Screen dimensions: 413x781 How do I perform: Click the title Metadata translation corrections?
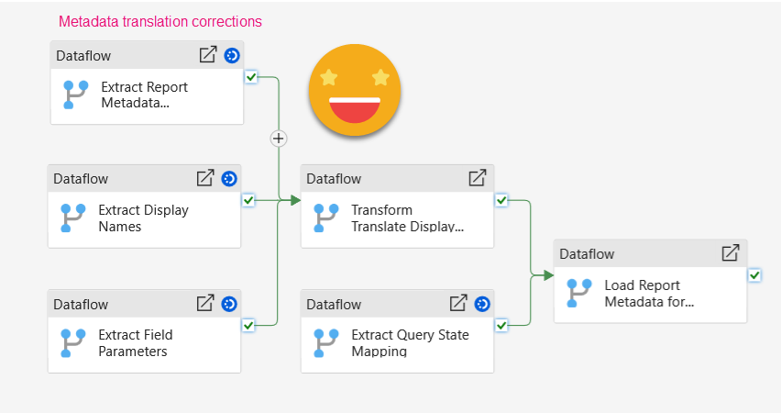[160, 21]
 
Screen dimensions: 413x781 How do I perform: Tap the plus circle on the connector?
[279, 138]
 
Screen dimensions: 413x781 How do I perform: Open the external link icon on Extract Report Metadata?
[208, 55]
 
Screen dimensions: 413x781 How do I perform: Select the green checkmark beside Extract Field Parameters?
[248, 324]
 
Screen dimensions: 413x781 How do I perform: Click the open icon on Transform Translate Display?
[478, 178]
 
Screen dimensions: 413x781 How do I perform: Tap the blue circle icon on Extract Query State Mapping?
[482, 303]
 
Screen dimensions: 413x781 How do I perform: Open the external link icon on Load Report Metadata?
[731, 253]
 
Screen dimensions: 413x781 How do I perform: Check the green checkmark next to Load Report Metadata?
[753, 274]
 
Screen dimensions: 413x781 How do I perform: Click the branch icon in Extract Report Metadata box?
[75, 95]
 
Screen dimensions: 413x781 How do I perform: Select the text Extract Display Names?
[143, 218]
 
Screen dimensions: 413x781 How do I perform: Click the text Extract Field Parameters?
[136, 342]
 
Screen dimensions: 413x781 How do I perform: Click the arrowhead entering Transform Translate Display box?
[295, 200]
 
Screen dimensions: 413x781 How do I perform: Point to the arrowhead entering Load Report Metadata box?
[548, 274]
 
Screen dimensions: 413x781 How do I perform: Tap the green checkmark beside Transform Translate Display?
[501, 199]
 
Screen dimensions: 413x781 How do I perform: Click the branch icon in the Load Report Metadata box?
[578, 293]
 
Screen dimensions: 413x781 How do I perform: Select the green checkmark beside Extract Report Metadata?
[251, 77]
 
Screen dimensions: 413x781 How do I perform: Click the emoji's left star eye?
[327, 76]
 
